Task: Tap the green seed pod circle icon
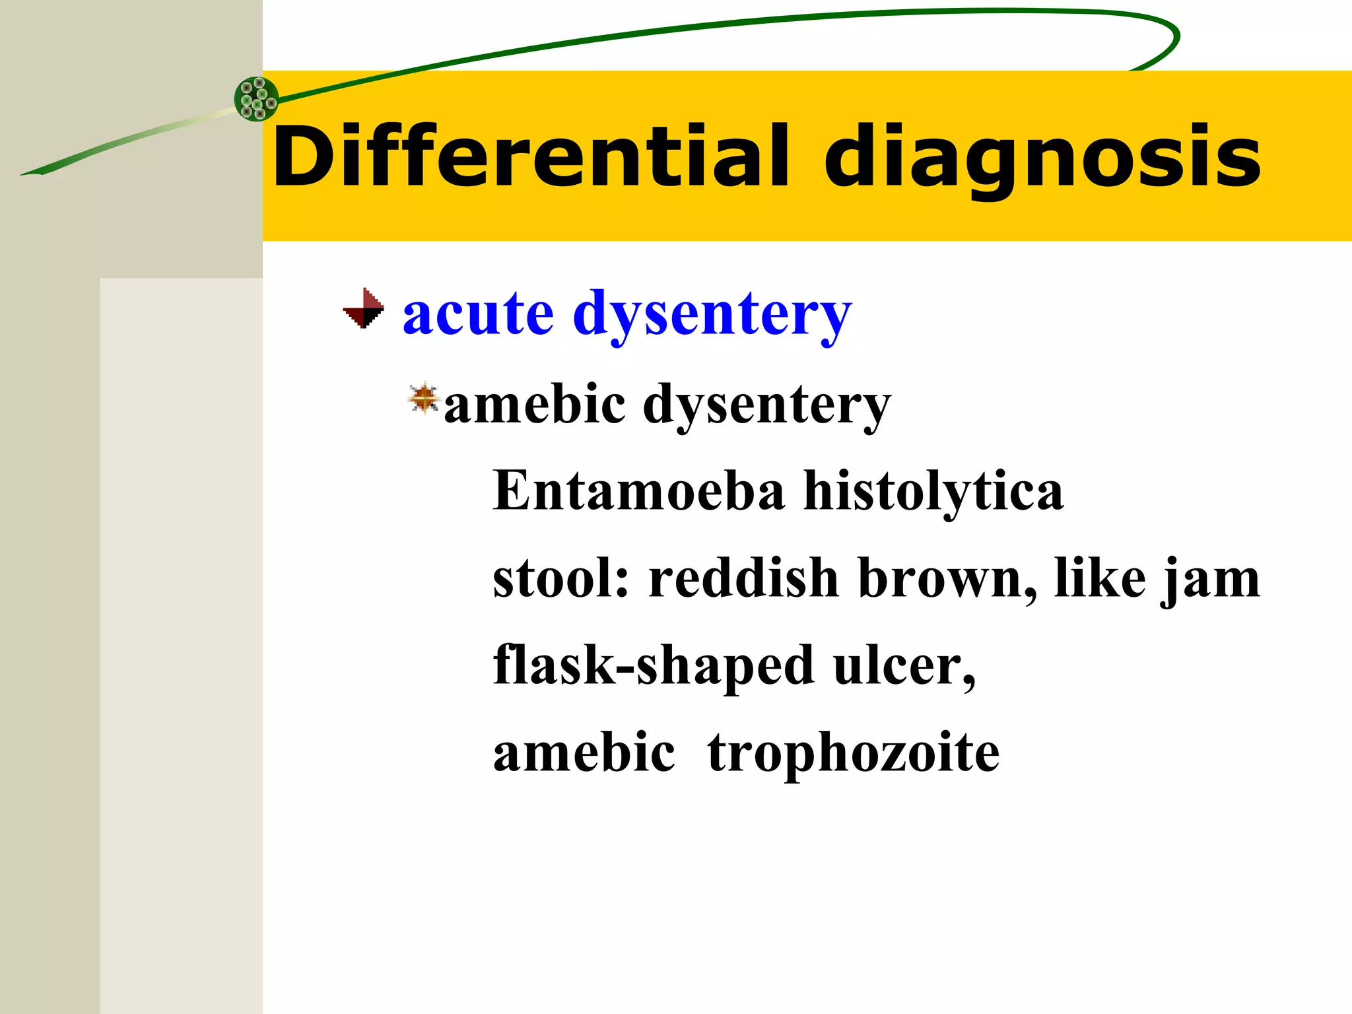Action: click(257, 99)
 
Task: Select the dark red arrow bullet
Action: click(364, 308)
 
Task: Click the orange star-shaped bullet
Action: click(424, 399)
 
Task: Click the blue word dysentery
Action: click(713, 316)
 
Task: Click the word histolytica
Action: click(933, 492)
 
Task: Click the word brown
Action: click(945, 578)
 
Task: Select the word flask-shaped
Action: click(654, 666)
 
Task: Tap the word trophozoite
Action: click(853, 754)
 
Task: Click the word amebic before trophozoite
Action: click(584, 753)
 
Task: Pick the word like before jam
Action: click(1100, 578)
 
